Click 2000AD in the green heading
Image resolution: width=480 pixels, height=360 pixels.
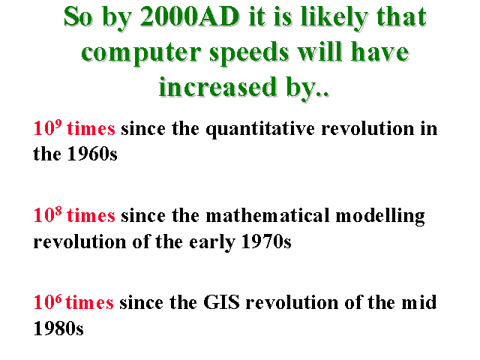(190, 16)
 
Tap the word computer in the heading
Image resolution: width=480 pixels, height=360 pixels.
(141, 53)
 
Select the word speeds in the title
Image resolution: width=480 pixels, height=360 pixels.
(249, 52)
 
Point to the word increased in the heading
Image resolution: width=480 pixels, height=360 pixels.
(218, 87)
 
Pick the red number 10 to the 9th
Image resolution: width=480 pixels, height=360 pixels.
(47, 127)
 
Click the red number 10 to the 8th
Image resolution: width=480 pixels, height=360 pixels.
(47, 214)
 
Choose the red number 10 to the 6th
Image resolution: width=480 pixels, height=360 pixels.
(47, 301)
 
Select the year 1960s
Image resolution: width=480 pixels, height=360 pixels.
(92, 153)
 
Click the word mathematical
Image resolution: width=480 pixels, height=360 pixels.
(268, 215)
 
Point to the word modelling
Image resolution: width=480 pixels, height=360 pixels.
(380, 216)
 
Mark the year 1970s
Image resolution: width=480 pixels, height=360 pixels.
(266, 241)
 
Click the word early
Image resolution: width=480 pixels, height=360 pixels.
(212, 243)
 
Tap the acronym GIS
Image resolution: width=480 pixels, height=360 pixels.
(222, 302)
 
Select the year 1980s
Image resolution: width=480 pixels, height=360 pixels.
(58, 328)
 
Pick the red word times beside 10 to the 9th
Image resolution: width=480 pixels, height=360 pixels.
(91, 128)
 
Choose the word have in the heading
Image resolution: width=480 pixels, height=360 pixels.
(379, 52)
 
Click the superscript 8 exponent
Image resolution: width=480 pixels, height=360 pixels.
(58, 210)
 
